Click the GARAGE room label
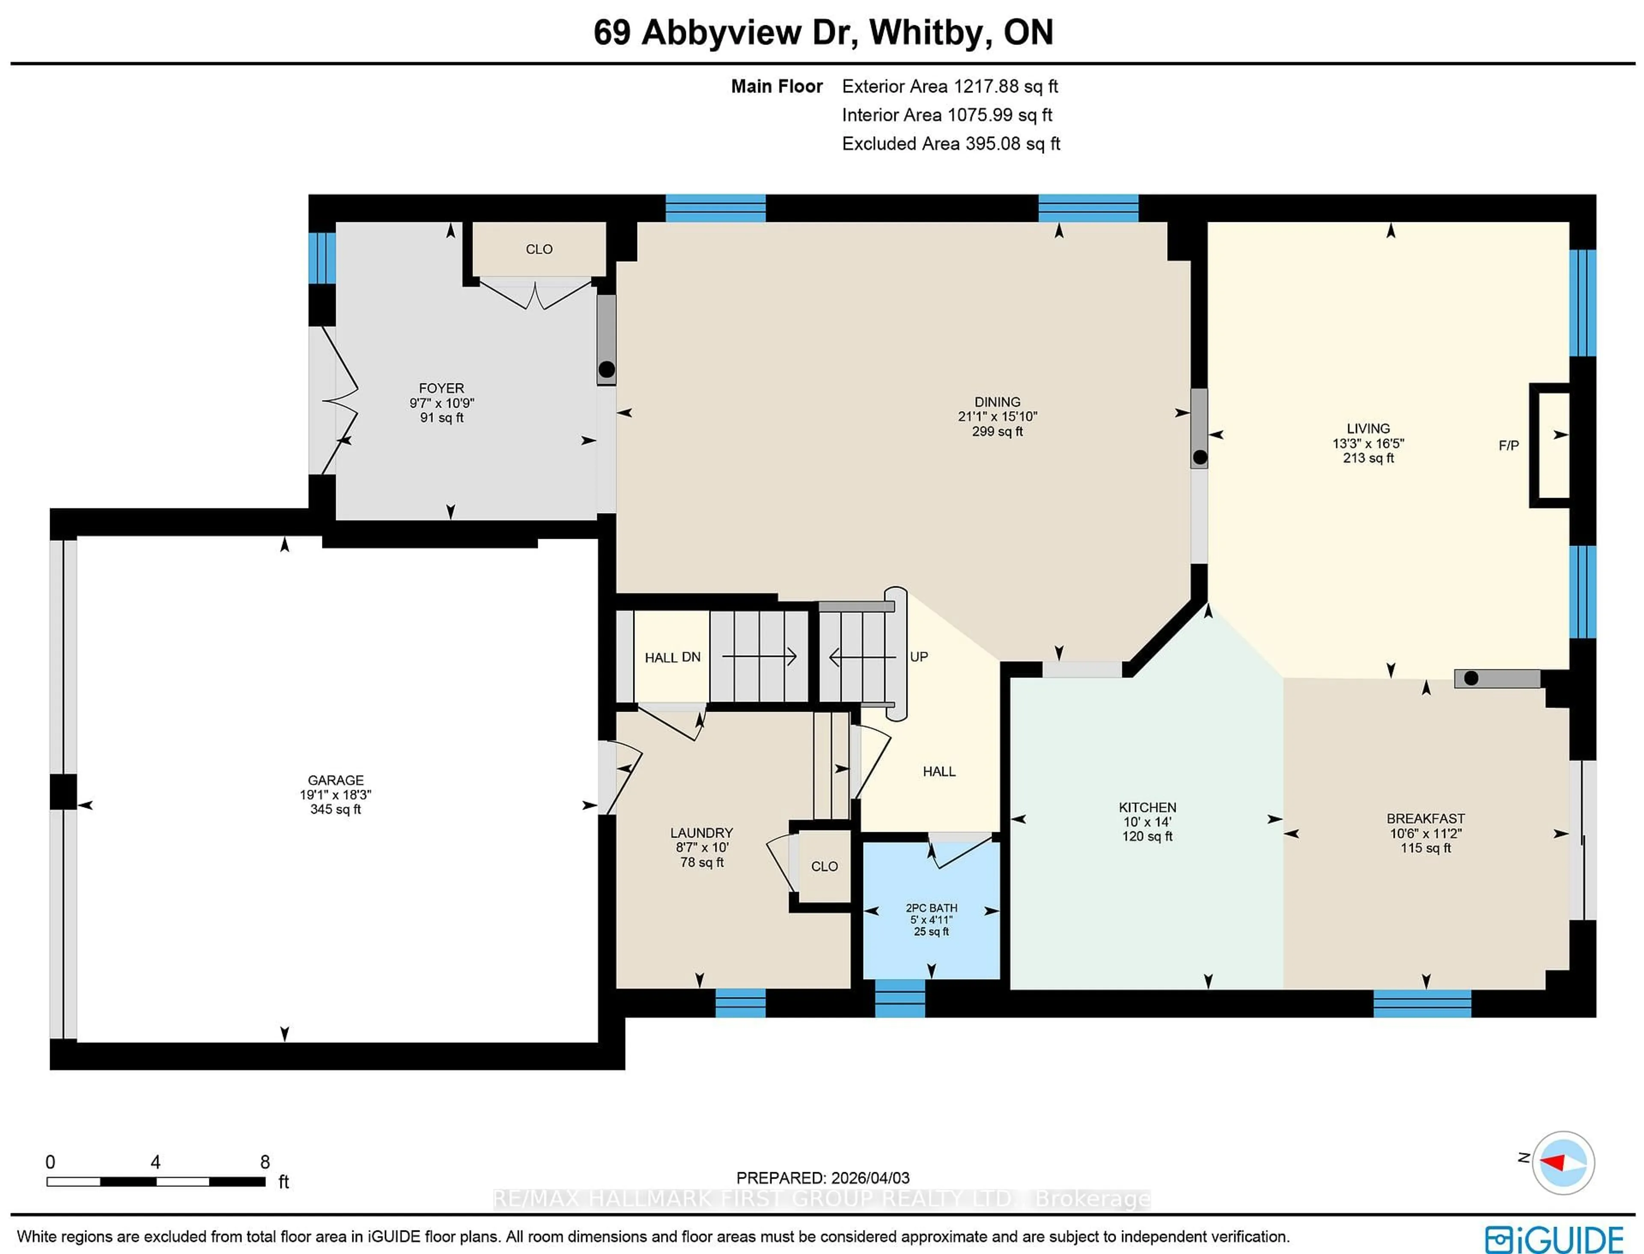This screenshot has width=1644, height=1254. click(x=335, y=780)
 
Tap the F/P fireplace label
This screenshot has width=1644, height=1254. click(x=1508, y=445)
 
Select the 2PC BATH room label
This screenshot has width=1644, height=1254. click(x=931, y=908)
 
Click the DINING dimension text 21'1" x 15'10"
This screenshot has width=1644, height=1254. click(x=997, y=417)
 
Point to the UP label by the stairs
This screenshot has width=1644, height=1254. click(x=919, y=657)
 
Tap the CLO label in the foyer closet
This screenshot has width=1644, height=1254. click(x=539, y=249)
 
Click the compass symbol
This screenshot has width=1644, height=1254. click(x=1563, y=1163)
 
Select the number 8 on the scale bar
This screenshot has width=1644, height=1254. click(x=265, y=1162)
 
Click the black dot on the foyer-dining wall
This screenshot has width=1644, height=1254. click(x=607, y=369)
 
